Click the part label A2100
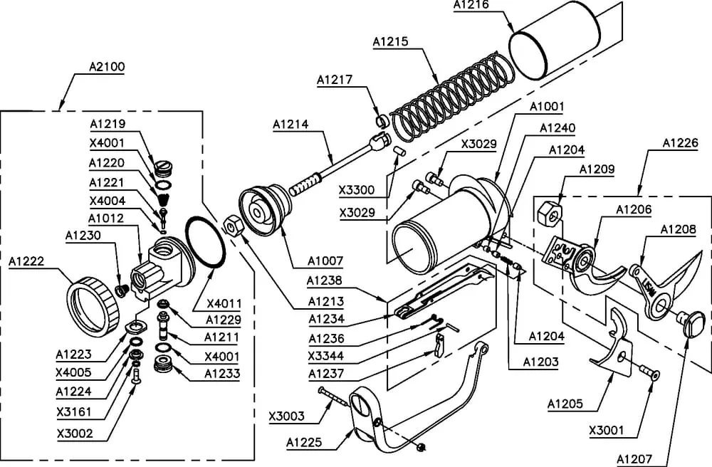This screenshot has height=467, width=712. pyautogui.click(x=108, y=68)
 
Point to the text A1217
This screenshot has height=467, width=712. pyautogui.click(x=335, y=79)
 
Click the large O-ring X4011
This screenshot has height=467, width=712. pyautogui.click(x=206, y=243)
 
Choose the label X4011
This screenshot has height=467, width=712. pyautogui.click(x=224, y=303)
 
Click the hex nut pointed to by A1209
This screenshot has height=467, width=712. pyautogui.click(x=550, y=212)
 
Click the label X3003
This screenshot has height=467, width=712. pyautogui.click(x=287, y=416)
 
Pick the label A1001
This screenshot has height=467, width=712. pyautogui.click(x=547, y=107)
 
